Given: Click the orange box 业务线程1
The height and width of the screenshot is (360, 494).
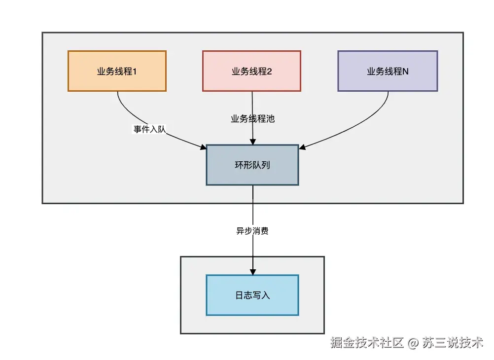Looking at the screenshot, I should point(117,71).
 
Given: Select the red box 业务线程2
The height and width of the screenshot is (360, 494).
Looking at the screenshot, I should point(251,71).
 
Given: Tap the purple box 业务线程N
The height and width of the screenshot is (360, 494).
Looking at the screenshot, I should point(388,71).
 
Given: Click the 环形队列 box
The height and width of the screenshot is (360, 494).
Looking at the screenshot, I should point(252,165).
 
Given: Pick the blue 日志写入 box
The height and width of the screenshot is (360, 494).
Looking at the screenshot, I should point(252,295).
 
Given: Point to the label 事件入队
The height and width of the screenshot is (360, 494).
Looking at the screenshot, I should point(150,130).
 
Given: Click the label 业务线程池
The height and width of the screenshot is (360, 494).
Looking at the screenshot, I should point(252,118).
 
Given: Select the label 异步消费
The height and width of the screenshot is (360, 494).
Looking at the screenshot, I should point(252,231).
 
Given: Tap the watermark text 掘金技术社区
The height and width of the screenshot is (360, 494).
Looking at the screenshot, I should point(367,343).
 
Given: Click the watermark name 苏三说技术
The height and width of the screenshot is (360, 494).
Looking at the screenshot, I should point(453,343).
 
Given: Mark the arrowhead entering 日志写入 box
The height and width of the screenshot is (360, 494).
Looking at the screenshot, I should point(253,272).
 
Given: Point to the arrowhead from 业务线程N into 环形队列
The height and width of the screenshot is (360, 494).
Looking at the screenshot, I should point(302,146).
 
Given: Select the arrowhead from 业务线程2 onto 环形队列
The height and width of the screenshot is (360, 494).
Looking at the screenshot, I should point(253,142).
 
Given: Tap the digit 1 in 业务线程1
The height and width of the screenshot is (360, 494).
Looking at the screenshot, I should point(135,72).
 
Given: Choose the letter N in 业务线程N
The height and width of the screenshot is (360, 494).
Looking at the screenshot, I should point(405,72).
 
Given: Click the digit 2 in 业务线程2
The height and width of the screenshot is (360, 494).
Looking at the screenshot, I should point(269,72).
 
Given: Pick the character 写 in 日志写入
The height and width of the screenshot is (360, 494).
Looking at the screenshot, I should point(256,295).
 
